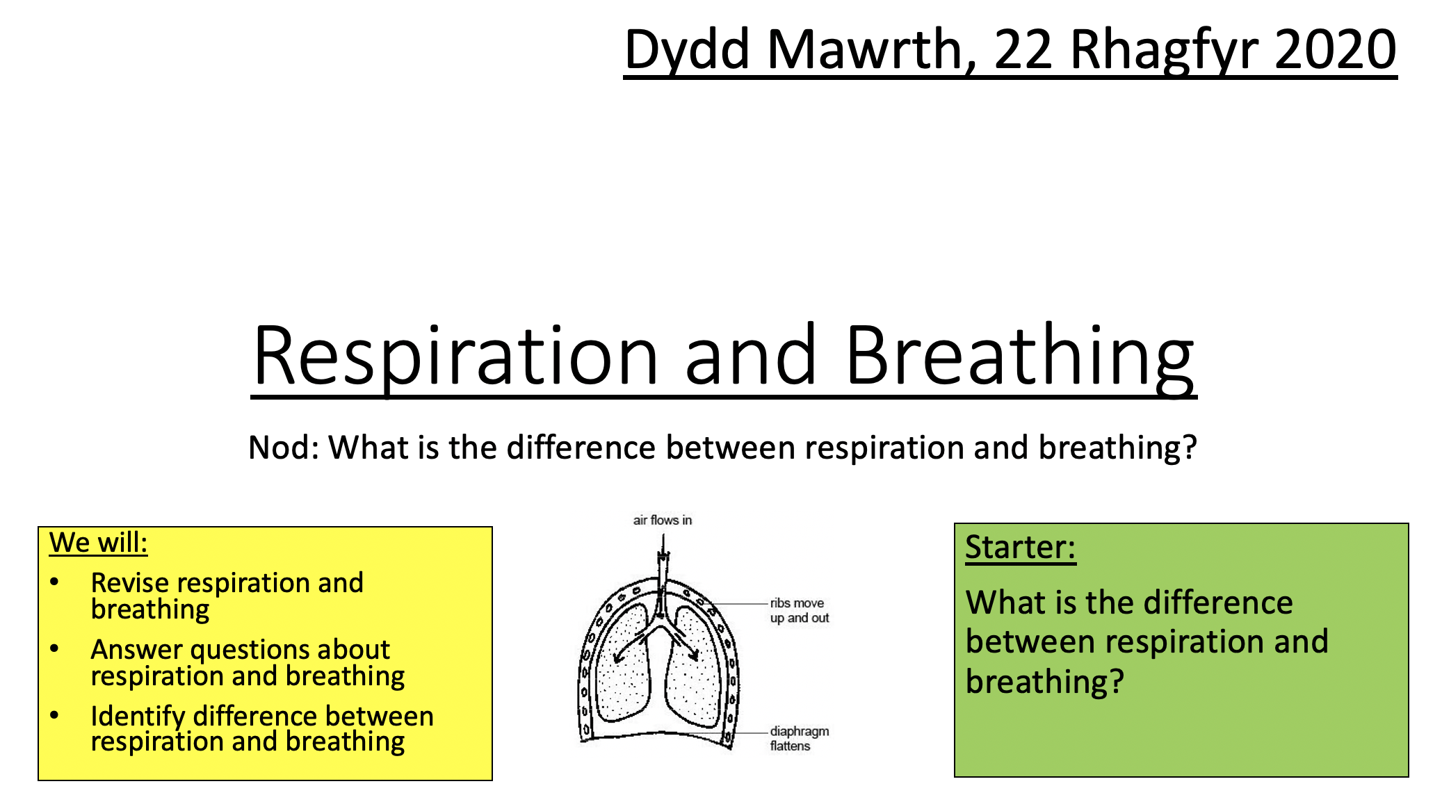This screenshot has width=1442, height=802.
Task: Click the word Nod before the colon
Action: pyautogui.click(x=280, y=448)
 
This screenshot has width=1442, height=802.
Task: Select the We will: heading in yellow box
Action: pyautogui.click(x=98, y=543)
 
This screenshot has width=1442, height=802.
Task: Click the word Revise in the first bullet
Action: pyautogui.click(x=130, y=582)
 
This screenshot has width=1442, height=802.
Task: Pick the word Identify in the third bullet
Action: pyautogui.click(x=138, y=716)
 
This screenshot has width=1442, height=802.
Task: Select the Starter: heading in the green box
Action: pyautogui.click(x=1020, y=548)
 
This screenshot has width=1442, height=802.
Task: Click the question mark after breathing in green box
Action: pyautogui.click(x=1116, y=682)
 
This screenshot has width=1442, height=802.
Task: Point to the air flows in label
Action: pyautogui.click(x=662, y=520)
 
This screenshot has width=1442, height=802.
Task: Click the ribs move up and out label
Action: pyautogui.click(x=799, y=610)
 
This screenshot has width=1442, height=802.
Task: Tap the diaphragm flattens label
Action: pyautogui.click(x=799, y=738)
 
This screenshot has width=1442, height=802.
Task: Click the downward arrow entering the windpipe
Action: pyautogui.click(x=663, y=549)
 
